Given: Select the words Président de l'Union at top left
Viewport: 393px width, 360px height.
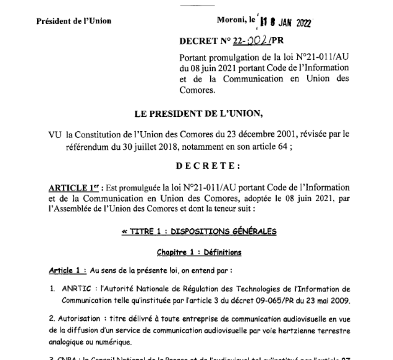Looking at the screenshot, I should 75,21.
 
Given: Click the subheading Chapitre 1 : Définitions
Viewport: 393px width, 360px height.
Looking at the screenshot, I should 199,253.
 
